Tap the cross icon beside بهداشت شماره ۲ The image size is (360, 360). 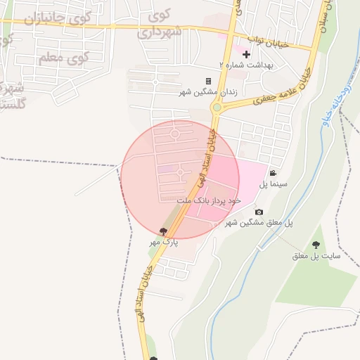pos(246,54)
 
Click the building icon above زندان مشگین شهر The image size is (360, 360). pos(208,82)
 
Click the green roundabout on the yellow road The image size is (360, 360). pos(217,108)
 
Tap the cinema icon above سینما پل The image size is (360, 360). pos(273,174)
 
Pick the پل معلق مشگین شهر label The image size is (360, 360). pos(259,223)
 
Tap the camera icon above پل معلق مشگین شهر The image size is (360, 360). pos(259,212)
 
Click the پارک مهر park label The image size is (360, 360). pos(164,242)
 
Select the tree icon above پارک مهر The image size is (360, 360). pos(164,231)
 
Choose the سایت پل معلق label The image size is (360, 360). pos(316,256)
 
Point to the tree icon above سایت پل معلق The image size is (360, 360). pos(316,245)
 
